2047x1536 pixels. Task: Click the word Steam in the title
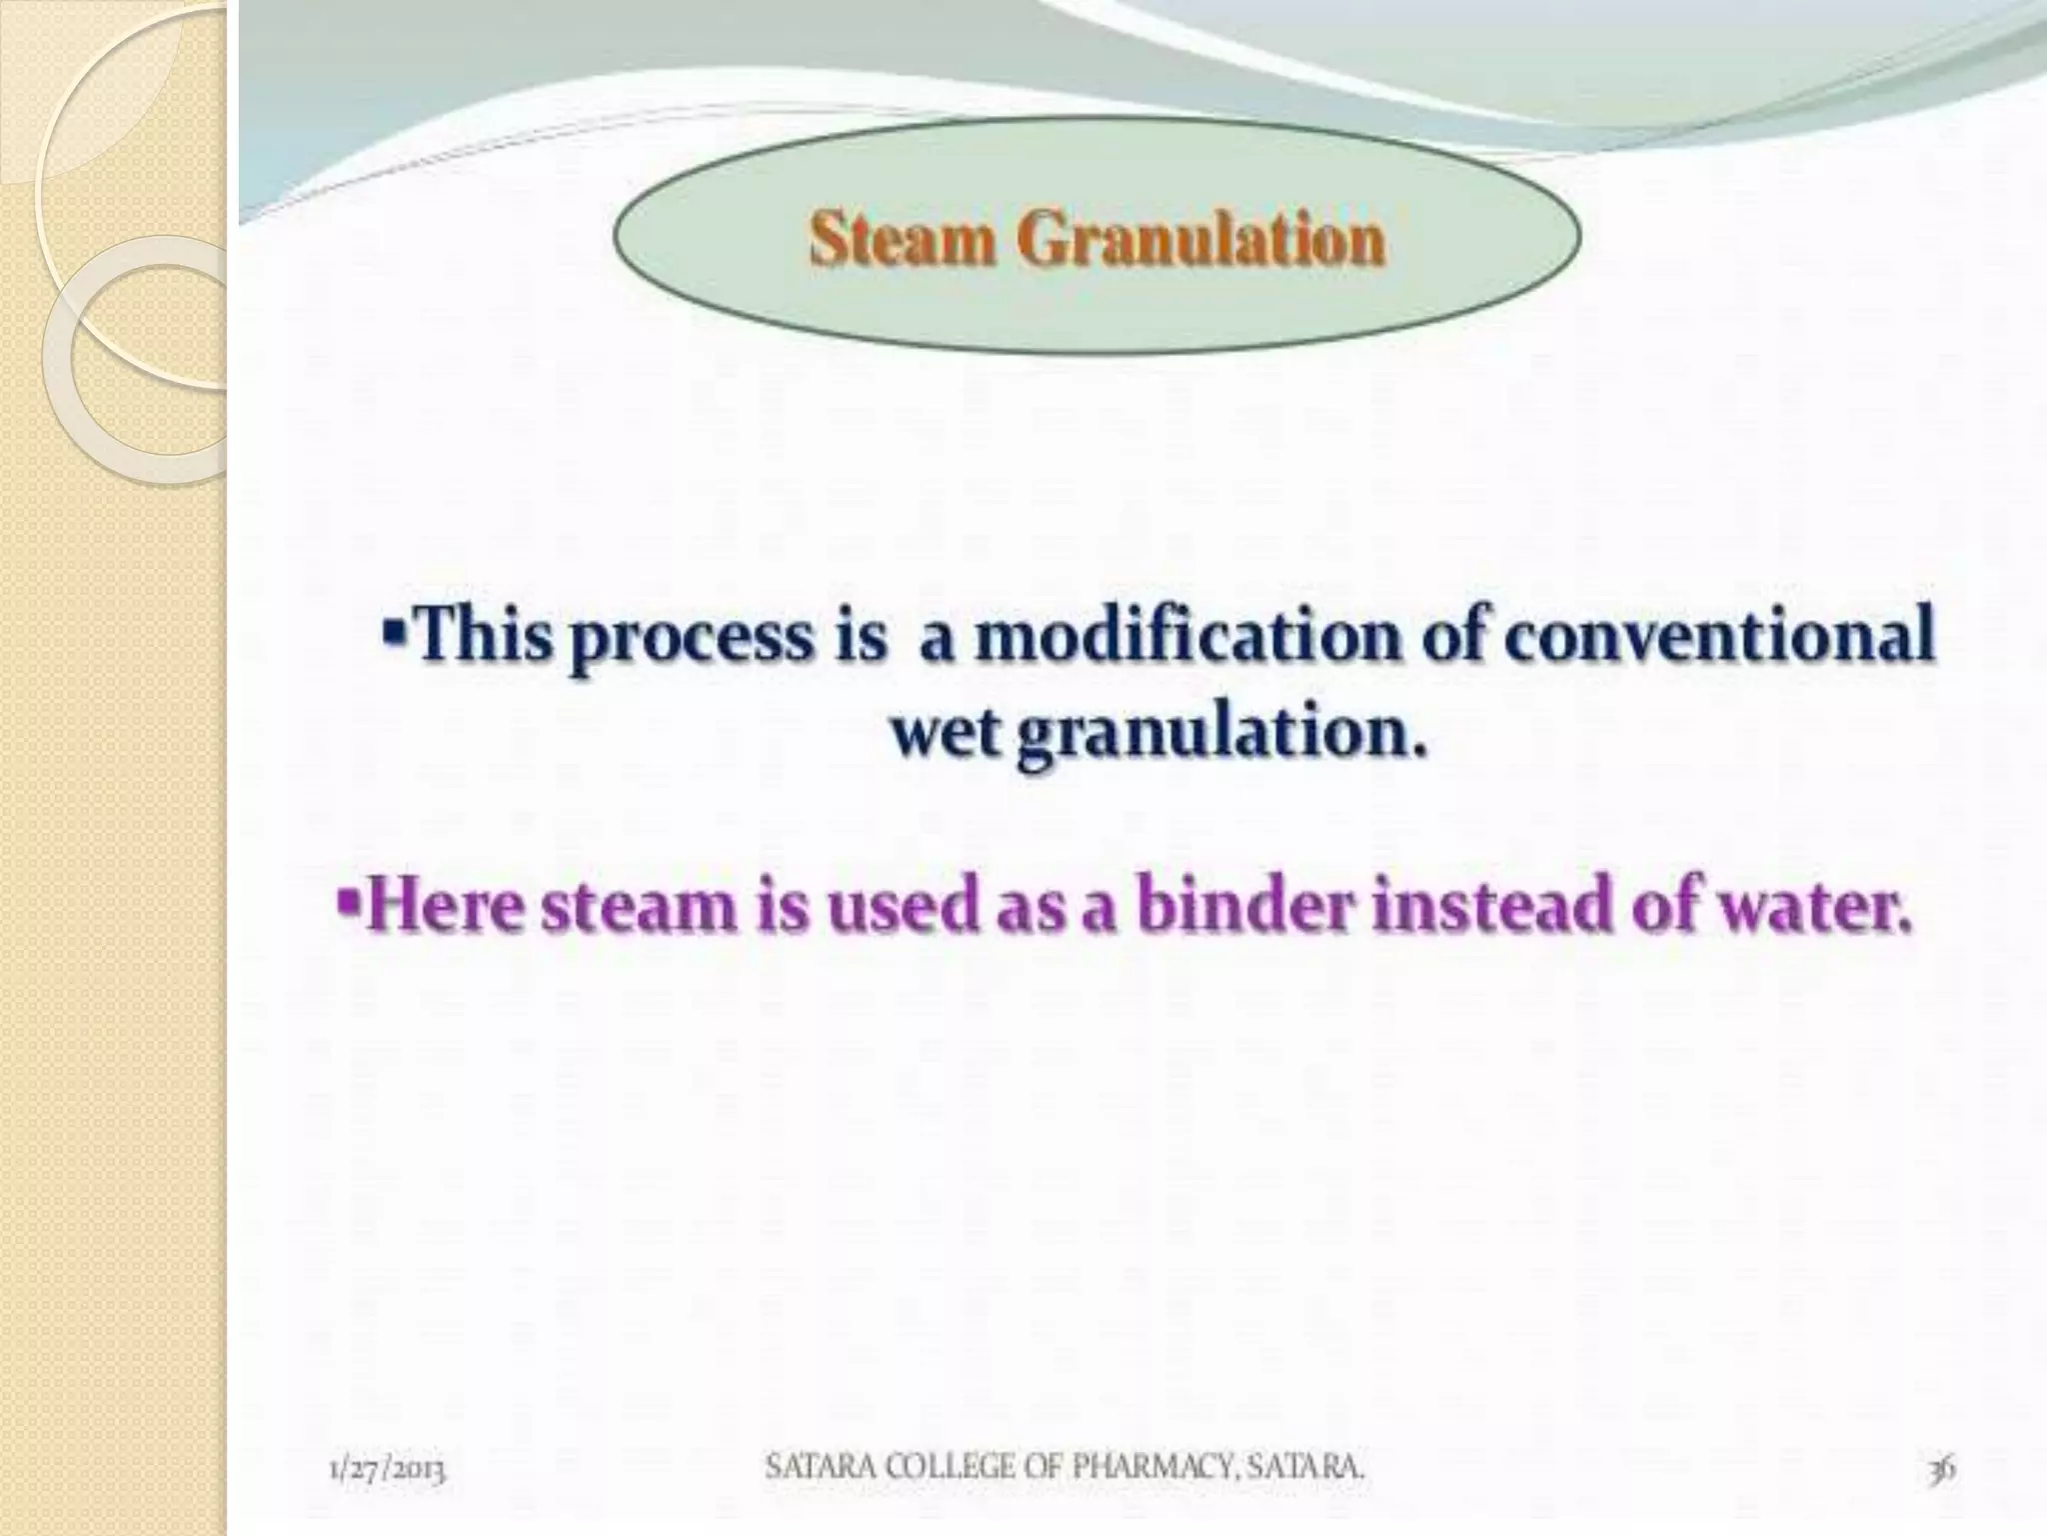click(x=904, y=241)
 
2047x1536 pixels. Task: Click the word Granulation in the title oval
click(x=1202, y=241)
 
